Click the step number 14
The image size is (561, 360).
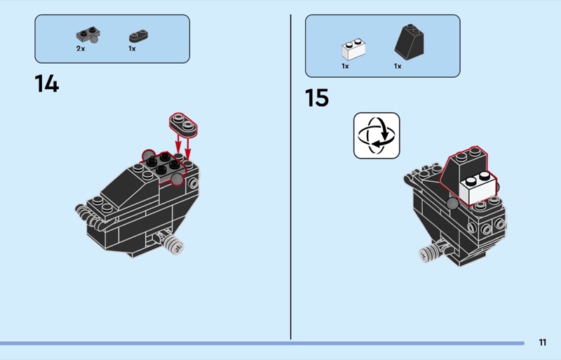point(47,84)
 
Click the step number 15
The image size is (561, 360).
point(317,98)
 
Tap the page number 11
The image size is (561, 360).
point(543,342)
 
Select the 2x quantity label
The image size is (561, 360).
point(81,48)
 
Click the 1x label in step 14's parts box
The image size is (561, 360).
point(132,48)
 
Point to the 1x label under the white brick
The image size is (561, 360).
point(345,66)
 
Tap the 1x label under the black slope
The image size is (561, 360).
point(398,66)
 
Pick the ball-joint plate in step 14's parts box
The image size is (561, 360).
point(88,36)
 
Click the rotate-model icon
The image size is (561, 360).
point(377,135)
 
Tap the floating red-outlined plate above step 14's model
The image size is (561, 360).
point(184,123)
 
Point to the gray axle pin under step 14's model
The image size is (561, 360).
point(174,246)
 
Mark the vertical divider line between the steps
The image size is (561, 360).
point(291,175)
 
